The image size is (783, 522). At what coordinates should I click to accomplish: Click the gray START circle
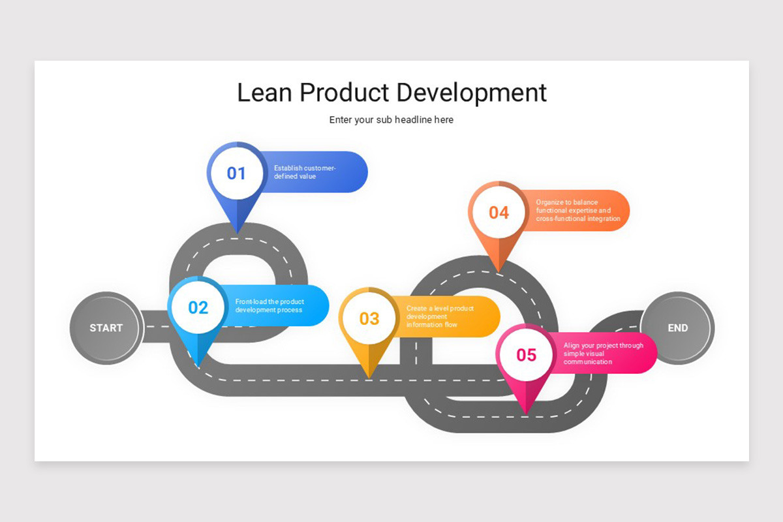tap(106, 328)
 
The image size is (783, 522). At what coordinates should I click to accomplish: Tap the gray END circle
tap(677, 328)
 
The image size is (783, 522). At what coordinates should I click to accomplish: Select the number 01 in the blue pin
tap(236, 174)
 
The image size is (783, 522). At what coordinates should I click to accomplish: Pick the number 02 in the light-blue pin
tap(198, 307)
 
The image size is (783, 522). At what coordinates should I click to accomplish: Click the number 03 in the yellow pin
tap(369, 318)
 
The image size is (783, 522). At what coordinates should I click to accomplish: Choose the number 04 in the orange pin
tap(499, 213)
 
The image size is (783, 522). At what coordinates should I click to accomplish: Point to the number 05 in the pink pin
tap(526, 354)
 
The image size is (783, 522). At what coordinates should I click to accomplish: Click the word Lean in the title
tap(265, 93)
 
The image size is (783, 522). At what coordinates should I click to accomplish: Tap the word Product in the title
tap(345, 93)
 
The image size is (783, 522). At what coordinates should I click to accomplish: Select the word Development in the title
tap(471, 93)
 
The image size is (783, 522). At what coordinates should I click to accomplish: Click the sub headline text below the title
tap(391, 120)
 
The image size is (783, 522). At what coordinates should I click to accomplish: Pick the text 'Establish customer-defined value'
tap(305, 172)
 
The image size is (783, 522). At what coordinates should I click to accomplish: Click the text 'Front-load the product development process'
tap(269, 305)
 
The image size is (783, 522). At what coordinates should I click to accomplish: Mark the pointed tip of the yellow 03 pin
tap(369, 376)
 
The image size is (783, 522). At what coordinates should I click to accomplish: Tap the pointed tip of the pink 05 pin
tap(526, 412)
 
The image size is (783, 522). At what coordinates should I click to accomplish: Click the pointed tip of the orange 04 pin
tap(499, 271)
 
